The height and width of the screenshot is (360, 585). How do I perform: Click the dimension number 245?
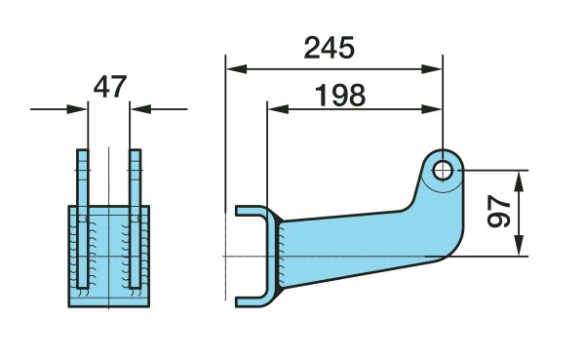tap(330, 48)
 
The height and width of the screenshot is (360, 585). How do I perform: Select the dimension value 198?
tap(340, 96)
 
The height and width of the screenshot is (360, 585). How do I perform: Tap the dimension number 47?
tap(110, 87)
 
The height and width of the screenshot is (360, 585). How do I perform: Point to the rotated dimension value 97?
tap(499, 211)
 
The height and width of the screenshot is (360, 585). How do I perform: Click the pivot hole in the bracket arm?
tap(443, 171)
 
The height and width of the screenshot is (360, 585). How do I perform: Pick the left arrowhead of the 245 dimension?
tap(237, 69)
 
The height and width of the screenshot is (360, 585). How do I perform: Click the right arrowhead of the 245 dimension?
tap(431, 69)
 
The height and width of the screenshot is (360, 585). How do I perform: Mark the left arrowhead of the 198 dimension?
tap(278, 109)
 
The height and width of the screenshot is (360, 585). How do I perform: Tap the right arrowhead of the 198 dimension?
tap(431, 109)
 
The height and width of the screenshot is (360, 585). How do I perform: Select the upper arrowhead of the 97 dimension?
tap(519, 181)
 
